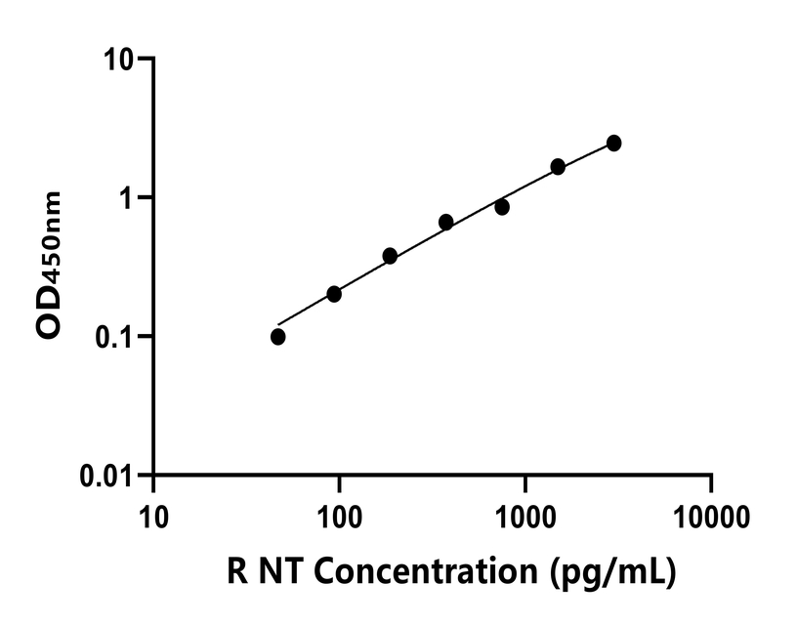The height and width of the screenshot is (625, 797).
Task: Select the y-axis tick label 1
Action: coord(131,198)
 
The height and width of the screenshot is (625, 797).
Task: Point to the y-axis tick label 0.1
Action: coord(117,337)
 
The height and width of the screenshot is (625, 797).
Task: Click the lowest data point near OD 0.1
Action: coord(278,337)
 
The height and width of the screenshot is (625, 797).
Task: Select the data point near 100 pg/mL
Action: coord(334,294)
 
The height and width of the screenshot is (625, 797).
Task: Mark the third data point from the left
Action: coord(390,256)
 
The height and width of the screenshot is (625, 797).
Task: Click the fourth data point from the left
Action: coord(445,223)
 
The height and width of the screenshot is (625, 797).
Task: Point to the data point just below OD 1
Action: coord(502,207)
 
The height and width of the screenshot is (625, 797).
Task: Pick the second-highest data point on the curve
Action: coord(558,167)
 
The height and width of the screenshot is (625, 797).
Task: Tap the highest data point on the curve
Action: coord(613,144)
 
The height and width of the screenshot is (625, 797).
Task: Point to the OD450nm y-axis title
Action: coord(50,265)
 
